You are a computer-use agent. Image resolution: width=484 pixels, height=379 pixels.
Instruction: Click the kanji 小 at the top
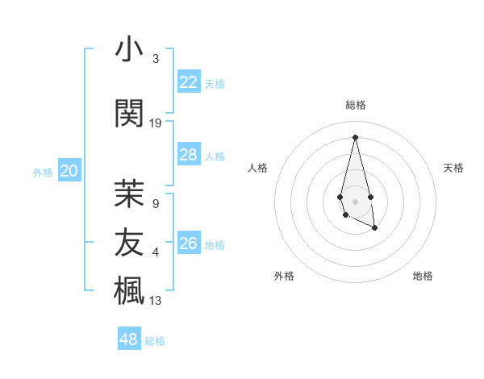tap(129, 50)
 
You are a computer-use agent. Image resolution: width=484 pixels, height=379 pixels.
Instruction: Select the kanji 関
tap(129, 115)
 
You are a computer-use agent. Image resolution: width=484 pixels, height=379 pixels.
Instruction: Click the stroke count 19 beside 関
tap(156, 123)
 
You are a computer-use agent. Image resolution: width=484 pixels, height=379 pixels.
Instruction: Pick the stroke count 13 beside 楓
tap(156, 301)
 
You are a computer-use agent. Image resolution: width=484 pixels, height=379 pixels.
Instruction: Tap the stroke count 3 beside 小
tap(156, 59)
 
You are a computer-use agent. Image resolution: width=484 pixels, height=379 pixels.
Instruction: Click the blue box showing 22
tap(189, 82)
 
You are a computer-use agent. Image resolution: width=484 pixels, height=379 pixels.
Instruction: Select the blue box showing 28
tap(189, 155)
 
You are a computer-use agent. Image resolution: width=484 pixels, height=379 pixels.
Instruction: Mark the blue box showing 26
tap(189, 244)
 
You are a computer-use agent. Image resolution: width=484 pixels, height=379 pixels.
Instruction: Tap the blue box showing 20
tap(69, 171)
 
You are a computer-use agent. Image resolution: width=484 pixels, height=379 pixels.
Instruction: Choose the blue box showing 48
tap(129, 339)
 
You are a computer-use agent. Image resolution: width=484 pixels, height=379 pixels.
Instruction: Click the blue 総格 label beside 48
tap(155, 341)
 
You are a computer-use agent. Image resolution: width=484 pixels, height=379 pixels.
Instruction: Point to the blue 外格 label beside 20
tap(43, 172)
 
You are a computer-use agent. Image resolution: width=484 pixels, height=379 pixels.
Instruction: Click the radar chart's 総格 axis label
tap(355, 105)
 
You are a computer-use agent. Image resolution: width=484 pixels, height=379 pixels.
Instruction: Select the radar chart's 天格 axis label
tap(453, 168)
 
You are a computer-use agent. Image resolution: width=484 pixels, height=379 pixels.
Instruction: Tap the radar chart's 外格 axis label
tap(284, 276)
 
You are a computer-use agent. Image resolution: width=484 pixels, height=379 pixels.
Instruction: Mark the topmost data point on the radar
tap(355, 136)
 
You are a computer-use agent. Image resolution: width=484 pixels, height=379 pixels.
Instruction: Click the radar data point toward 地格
tap(375, 228)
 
